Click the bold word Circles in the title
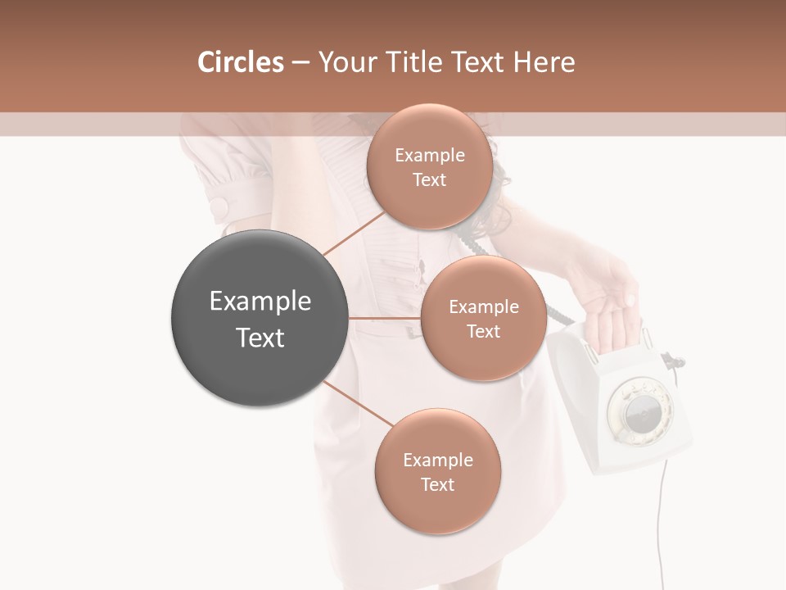(x=240, y=62)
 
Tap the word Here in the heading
(x=544, y=62)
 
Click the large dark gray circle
(x=260, y=318)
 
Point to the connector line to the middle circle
(x=384, y=318)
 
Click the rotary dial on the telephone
(x=638, y=410)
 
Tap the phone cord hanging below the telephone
(x=660, y=524)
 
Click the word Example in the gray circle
(x=260, y=302)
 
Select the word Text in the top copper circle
(x=429, y=180)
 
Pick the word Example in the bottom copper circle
(x=437, y=461)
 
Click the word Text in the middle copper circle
(x=483, y=332)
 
